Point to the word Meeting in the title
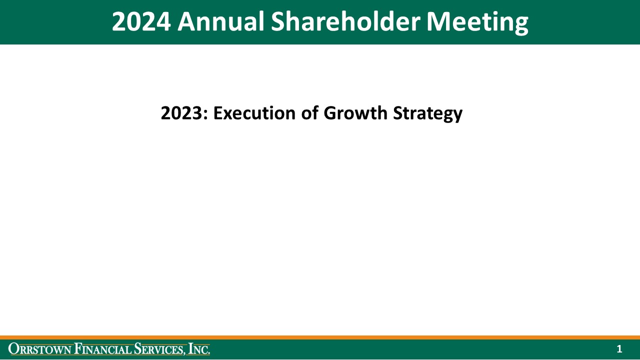tap(477, 22)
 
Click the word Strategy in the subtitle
tap(427, 113)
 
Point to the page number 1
tap(619, 349)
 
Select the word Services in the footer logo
tap(160, 349)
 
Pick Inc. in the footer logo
tap(199, 349)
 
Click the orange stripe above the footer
tap(320, 337)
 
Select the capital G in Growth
tap(331, 113)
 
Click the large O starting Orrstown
tap(13, 349)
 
